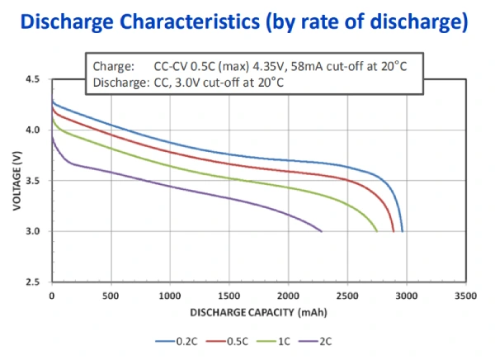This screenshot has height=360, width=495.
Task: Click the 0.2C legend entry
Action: (177, 340)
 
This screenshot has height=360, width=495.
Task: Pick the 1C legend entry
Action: (283, 340)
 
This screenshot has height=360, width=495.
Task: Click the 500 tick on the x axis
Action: (111, 294)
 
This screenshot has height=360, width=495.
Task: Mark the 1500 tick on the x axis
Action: (229, 294)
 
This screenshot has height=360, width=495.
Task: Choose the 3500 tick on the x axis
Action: (465, 294)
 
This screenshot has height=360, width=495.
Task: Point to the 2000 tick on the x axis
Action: (288, 294)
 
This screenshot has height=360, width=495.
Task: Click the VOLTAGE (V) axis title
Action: (16, 181)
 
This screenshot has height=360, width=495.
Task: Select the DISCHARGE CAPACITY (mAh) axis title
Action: (258, 313)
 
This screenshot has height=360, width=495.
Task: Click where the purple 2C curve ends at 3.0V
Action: (321, 231)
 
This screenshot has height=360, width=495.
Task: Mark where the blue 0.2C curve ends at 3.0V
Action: (402, 231)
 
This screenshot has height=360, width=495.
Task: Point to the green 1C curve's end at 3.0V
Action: (377, 231)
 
